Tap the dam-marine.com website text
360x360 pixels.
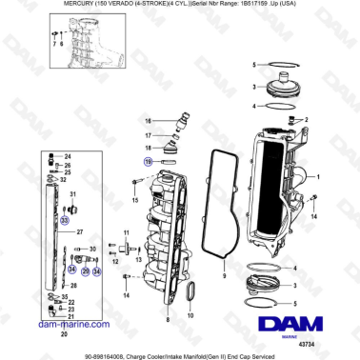click(x=63, y=325)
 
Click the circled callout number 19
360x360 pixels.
click(x=148, y=162)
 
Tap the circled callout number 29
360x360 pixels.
click(x=84, y=270)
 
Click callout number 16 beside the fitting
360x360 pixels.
click(x=148, y=121)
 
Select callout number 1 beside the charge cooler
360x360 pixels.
click(x=317, y=177)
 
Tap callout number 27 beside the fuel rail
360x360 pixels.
click(x=81, y=231)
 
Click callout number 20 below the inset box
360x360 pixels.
click(x=64, y=334)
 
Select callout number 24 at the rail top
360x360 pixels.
click(x=67, y=154)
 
